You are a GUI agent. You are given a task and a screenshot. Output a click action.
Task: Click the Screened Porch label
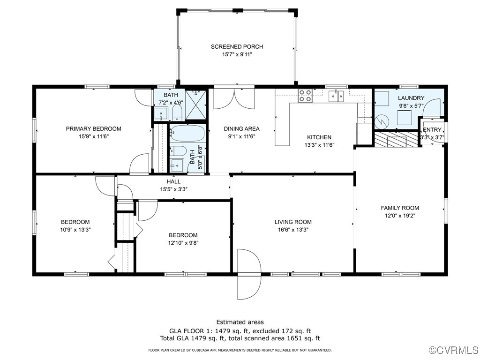(237, 46)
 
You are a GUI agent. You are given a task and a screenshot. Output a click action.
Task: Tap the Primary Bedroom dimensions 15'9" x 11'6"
(94, 136)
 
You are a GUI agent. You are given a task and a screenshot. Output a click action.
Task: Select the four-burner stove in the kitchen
(305, 95)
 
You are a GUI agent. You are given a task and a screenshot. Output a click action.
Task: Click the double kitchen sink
(336, 96)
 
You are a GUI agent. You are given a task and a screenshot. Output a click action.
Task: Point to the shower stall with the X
(196, 105)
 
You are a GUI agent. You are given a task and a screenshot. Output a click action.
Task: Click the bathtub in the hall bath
(187, 133)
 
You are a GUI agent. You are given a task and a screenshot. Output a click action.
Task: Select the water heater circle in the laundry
(382, 121)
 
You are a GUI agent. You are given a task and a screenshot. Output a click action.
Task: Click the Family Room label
(400, 208)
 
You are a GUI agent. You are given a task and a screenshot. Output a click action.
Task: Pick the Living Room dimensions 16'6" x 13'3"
(293, 230)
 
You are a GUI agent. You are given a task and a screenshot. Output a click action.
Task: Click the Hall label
(173, 181)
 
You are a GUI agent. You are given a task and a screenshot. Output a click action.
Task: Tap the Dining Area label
(241, 129)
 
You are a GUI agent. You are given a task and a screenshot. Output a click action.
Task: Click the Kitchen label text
(319, 137)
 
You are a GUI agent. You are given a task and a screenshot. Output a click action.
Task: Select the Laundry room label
(411, 98)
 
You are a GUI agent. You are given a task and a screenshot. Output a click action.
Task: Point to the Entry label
(432, 129)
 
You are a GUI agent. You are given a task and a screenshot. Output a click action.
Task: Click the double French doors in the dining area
(234, 98)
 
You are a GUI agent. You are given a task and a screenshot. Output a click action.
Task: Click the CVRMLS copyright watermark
(454, 350)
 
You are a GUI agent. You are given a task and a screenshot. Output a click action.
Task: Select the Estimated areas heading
(240, 322)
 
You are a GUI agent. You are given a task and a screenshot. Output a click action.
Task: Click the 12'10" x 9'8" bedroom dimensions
(183, 243)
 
